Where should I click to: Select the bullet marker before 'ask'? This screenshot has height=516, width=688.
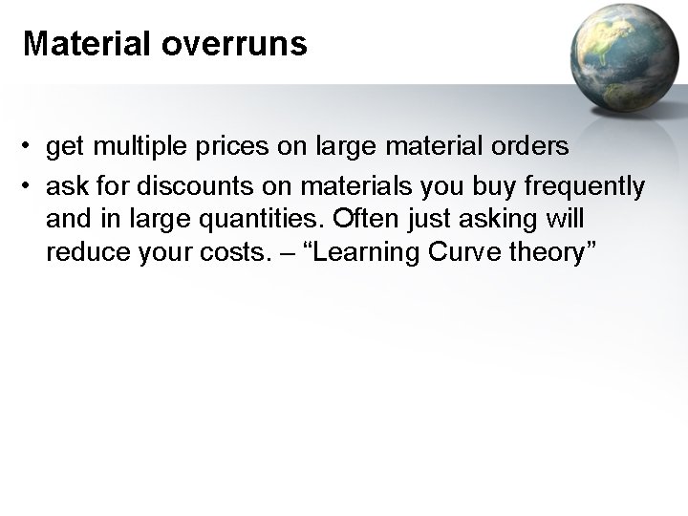tap(31, 184)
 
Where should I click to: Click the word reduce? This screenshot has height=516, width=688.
tap(77, 253)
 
